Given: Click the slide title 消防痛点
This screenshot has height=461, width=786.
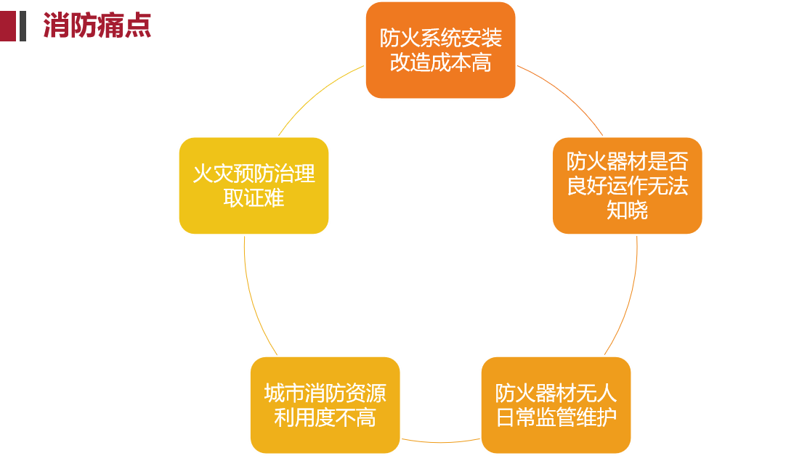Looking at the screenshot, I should [x=97, y=25].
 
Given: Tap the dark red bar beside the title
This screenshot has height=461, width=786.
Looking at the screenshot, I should [x=8, y=26].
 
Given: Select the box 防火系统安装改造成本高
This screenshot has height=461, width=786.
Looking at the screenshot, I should [x=440, y=50].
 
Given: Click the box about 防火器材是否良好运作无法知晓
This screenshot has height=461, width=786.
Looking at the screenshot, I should [x=627, y=185].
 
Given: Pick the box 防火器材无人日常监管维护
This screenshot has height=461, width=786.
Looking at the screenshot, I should [x=556, y=405].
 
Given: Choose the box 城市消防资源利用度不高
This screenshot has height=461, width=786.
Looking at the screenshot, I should [x=325, y=405].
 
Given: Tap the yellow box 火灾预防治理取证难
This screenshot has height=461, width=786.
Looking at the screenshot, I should [x=254, y=185].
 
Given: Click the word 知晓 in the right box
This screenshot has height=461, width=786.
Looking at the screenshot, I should [x=627, y=211].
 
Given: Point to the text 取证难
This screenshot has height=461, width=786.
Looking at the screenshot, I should [x=254, y=198].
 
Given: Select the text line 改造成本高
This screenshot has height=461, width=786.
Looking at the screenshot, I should [x=440, y=63].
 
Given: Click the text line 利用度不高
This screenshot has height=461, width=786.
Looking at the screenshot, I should [x=325, y=418].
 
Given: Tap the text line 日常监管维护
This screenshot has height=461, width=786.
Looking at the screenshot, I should [x=556, y=418].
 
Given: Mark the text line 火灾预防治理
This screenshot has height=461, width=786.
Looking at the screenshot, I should [x=254, y=174].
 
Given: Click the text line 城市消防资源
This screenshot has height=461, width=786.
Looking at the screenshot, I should [x=325, y=393].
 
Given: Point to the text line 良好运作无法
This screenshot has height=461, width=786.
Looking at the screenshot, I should [x=627, y=186].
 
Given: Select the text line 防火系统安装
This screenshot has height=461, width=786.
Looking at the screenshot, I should [x=440, y=38].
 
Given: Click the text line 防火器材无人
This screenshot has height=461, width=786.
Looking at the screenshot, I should [x=556, y=393].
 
